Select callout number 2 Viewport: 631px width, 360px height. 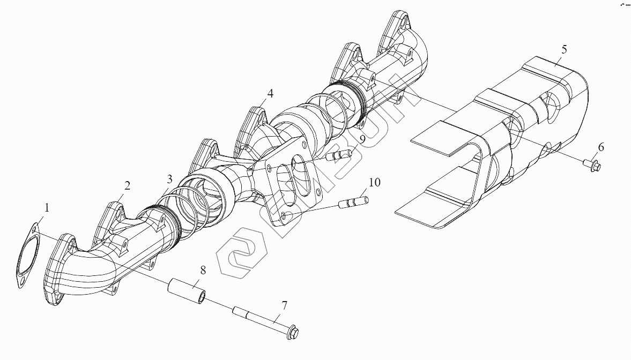point(127,186)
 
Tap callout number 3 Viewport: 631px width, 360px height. point(169,179)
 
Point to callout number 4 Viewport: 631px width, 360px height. point(270,93)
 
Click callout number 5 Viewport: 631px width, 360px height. point(564,49)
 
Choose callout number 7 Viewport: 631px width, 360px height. point(284,306)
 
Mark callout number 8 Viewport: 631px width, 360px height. point(203,270)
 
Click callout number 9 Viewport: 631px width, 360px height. point(362,139)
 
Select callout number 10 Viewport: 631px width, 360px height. point(374,183)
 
